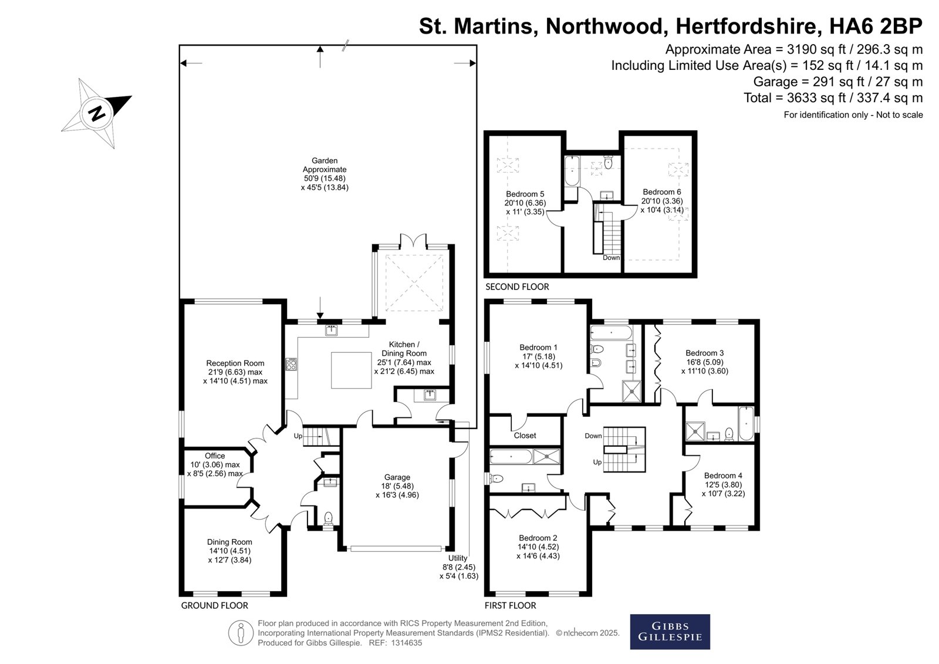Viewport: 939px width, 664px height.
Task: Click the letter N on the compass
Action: pyautogui.click(x=97, y=113)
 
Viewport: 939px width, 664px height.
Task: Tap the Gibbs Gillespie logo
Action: pyautogui.click(x=670, y=632)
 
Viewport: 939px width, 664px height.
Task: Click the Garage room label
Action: pyautogui.click(x=397, y=477)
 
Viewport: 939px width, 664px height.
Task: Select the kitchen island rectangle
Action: pyautogui.click(x=352, y=370)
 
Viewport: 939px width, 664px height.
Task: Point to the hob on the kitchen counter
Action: pyautogui.click(x=291, y=363)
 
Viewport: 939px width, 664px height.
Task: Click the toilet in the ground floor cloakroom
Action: pyautogui.click(x=329, y=518)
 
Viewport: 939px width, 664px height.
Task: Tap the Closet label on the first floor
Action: pyautogui.click(x=525, y=436)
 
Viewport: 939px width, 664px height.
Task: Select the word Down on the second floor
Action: pyautogui.click(x=611, y=258)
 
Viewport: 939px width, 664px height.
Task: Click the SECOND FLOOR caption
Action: pyautogui.click(x=517, y=287)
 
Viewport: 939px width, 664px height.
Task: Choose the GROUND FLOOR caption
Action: pyautogui.click(x=215, y=605)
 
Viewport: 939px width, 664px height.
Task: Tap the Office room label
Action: pyautogui.click(x=215, y=456)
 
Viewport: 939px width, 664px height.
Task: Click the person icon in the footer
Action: pyautogui.click(x=241, y=632)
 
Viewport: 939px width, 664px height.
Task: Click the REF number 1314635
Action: pyautogui.click(x=406, y=643)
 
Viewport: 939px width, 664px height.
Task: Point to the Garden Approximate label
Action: pyautogui.click(x=325, y=165)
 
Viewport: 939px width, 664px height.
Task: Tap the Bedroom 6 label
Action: pyautogui.click(x=662, y=192)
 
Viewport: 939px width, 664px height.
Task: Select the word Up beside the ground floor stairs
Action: pyautogui.click(x=298, y=436)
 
